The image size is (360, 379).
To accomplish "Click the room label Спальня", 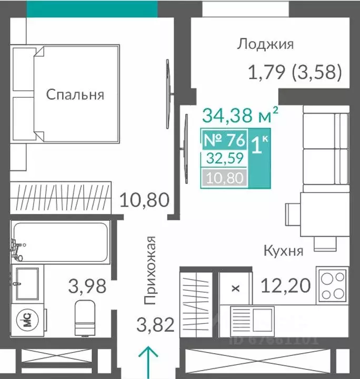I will click(x=75, y=95).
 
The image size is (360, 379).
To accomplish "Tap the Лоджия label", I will click(x=265, y=44).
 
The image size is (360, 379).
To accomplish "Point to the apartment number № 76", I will click(x=224, y=140).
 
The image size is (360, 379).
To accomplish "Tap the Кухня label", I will click(x=283, y=251).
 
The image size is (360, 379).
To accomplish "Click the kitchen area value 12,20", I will click(x=284, y=287).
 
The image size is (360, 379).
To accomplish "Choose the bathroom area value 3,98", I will click(x=87, y=286).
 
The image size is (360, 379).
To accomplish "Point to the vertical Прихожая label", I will click(x=151, y=270).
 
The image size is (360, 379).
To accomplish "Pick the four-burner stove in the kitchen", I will click(x=332, y=285).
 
